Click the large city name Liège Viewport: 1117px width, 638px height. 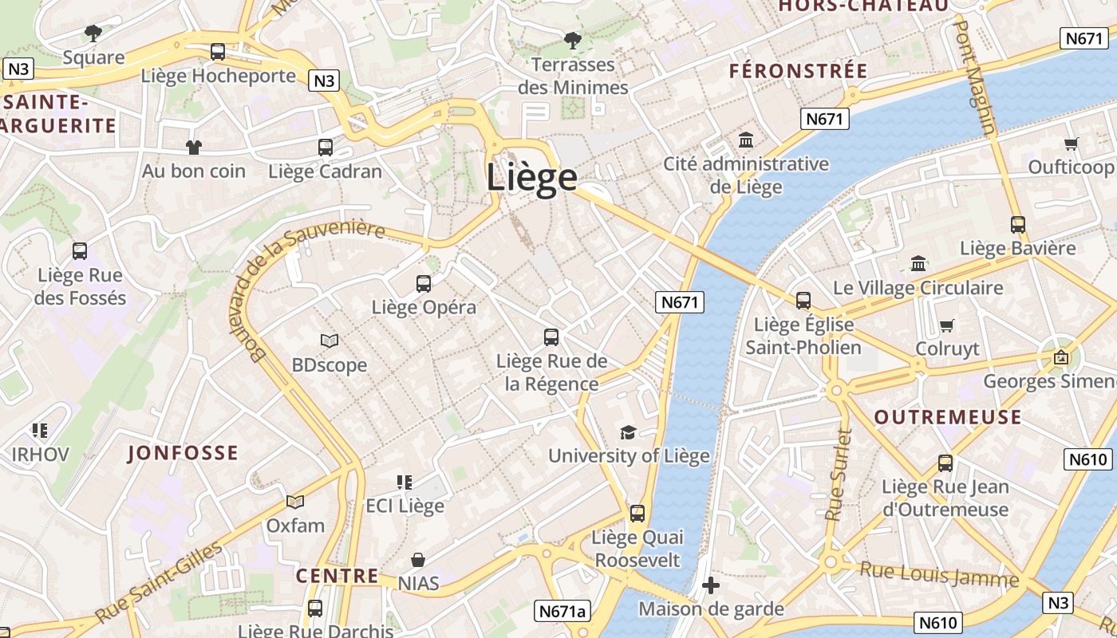point(531,177)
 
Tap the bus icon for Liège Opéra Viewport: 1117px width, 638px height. point(424,283)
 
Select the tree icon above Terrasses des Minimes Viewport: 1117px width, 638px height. point(572,40)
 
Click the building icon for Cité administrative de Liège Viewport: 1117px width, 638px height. point(746,140)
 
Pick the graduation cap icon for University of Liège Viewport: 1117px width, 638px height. point(628,432)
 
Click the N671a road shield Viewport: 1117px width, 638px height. point(562,611)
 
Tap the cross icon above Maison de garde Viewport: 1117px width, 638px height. point(710,586)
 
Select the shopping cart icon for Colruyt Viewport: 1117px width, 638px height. point(947,325)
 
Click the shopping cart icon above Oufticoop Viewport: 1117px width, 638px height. point(1071,144)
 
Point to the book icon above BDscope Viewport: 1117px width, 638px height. point(330,341)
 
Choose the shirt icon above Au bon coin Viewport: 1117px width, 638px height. point(194,147)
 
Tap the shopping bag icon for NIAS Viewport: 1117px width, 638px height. point(418,560)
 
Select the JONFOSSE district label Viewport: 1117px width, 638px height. point(183,453)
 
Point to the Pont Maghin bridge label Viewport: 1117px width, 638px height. point(976,76)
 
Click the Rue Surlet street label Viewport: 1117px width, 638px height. point(839,475)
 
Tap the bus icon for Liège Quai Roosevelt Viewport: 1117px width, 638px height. point(637,513)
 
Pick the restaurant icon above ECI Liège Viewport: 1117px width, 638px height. point(405,482)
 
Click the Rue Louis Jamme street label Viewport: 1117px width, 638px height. point(939,574)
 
